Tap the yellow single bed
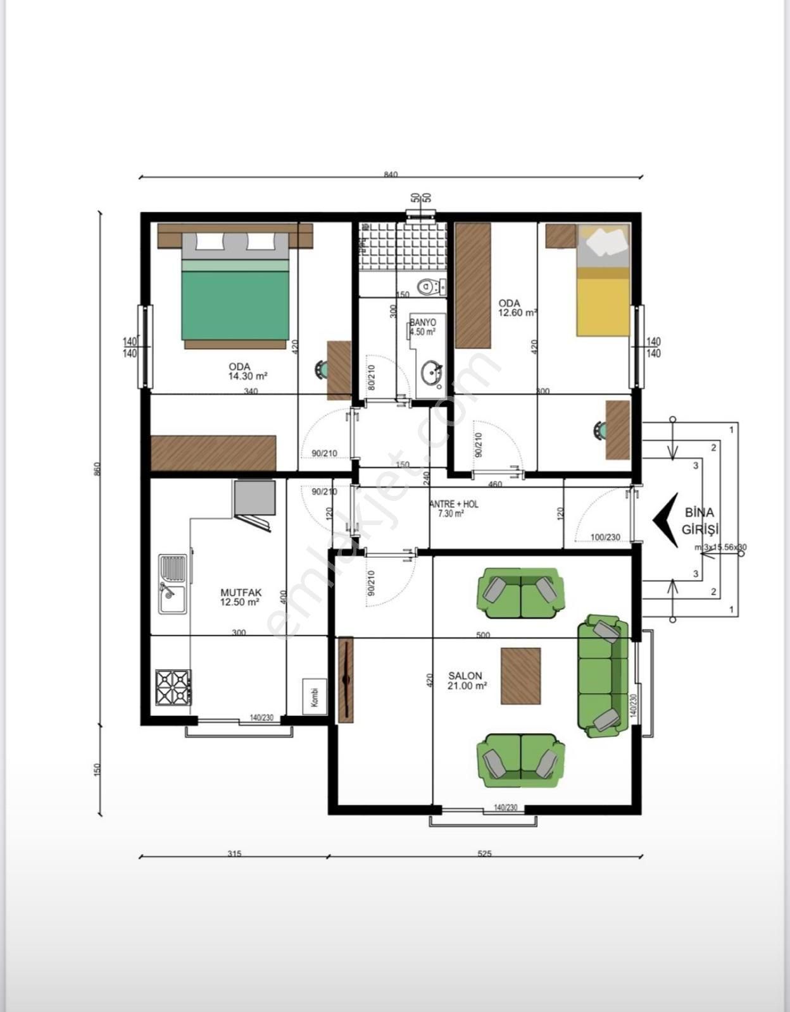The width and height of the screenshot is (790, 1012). (x=603, y=297)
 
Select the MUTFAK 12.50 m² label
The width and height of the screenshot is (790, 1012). (x=241, y=598)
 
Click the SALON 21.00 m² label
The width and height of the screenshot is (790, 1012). (x=467, y=681)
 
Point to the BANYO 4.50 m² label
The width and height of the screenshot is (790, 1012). (x=423, y=327)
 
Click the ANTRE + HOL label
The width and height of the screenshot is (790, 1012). (x=454, y=509)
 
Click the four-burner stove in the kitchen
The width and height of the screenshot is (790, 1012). (x=173, y=688)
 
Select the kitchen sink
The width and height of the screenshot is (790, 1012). (x=173, y=584)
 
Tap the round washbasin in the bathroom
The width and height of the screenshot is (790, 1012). (x=432, y=374)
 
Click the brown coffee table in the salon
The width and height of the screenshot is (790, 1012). (x=521, y=676)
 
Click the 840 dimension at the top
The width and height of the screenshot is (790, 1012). (x=391, y=175)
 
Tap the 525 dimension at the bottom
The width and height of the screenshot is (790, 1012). (x=484, y=853)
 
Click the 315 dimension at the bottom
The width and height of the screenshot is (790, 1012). (x=234, y=853)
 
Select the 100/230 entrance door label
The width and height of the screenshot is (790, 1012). (x=605, y=537)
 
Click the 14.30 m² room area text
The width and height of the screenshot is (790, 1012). (x=248, y=376)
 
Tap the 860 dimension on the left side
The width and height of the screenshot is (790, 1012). (x=97, y=469)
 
